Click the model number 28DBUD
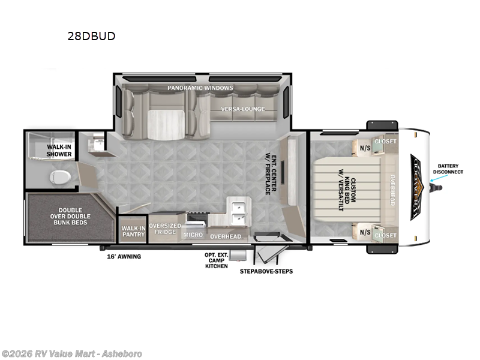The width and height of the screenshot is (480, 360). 91,36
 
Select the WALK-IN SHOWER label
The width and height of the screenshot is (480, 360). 59,151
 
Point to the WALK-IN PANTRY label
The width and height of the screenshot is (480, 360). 133,231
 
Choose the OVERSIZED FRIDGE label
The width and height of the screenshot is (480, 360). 164,229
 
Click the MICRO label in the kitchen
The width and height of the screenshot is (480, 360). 193,235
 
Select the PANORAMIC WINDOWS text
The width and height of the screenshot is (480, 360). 200,88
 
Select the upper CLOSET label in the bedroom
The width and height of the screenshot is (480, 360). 385,142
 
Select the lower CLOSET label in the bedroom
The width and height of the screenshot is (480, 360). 385,235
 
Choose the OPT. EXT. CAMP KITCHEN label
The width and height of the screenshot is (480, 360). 217,260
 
